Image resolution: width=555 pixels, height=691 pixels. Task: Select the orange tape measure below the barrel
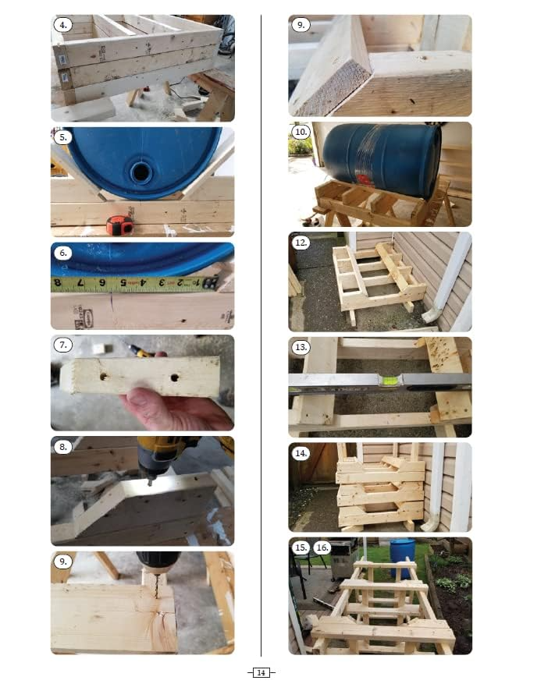(x=119, y=225)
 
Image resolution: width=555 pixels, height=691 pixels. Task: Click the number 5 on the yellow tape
(x=123, y=283)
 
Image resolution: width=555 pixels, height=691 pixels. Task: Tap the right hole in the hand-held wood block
(x=173, y=378)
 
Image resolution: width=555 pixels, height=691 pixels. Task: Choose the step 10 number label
(x=301, y=132)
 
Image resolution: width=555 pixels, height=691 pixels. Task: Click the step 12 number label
(x=301, y=243)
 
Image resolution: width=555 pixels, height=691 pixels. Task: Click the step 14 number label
(x=301, y=453)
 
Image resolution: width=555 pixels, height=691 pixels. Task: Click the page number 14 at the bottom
(x=261, y=672)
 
